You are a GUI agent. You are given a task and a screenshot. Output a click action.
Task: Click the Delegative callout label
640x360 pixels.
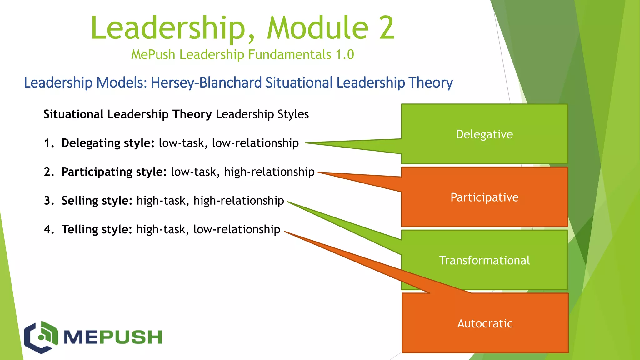pos(484,134)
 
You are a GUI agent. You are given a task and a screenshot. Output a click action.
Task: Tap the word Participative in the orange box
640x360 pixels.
pos(484,197)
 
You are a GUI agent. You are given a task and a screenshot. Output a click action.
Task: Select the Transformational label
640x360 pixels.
pos(484,261)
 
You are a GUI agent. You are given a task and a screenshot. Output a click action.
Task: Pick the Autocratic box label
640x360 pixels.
pos(485,323)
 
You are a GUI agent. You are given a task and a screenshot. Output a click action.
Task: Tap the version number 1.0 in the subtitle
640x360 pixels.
pos(345,55)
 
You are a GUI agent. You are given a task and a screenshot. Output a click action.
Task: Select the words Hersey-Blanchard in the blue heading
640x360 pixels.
pos(206,83)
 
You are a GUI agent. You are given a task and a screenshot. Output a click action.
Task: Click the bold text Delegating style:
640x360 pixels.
pos(108,143)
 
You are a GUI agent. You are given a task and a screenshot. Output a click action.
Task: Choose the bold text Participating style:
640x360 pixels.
pos(114,172)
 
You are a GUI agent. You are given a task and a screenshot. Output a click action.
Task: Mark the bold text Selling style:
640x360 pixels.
pos(97,201)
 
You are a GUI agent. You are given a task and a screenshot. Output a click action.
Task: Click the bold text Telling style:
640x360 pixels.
pos(97,229)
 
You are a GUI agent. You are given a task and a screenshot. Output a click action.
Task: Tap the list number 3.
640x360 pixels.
pos(48,201)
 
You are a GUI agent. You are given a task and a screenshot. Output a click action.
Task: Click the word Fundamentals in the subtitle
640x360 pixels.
pos(290,55)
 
